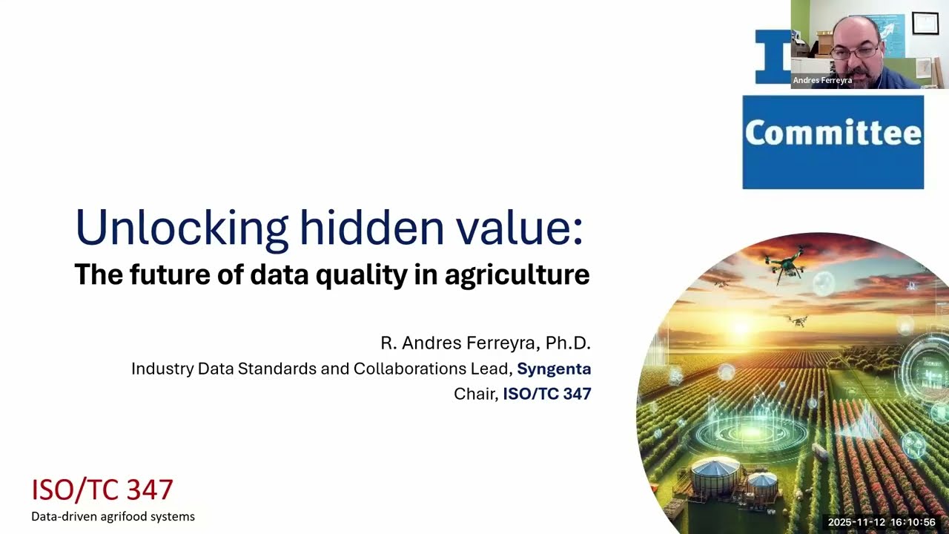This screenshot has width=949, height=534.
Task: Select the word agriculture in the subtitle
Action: pyautogui.click(x=517, y=275)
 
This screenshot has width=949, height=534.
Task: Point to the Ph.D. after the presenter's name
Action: pyautogui.click(x=568, y=343)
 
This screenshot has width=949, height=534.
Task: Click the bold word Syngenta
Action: pyautogui.click(x=554, y=369)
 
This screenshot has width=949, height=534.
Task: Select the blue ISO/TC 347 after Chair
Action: pyautogui.click(x=547, y=394)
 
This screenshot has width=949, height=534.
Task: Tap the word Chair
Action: pyautogui.click(x=475, y=394)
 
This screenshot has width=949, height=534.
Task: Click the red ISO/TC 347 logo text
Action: pyautogui.click(x=102, y=489)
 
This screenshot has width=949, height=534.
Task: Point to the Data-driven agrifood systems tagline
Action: pyautogui.click(x=113, y=516)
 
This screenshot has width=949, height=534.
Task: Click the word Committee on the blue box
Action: pyautogui.click(x=833, y=133)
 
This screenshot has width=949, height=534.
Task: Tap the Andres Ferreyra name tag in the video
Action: pyautogui.click(x=822, y=80)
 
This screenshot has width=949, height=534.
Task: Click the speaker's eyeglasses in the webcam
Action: pyautogui.click(x=855, y=52)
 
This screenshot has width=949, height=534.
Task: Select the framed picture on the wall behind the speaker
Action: pyautogui.click(x=925, y=24)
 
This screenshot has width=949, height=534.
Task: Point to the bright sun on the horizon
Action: pyautogui.click(x=741, y=326)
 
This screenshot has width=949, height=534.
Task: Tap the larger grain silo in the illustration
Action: pyautogui.click(x=715, y=475)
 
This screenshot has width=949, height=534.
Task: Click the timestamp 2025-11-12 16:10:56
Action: pyautogui.click(x=882, y=522)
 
